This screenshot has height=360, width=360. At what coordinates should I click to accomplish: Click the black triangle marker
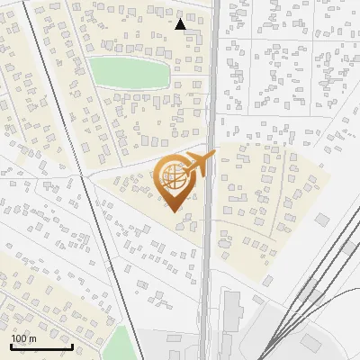(x=181, y=24)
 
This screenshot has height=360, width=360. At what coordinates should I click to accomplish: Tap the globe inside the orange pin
(x=173, y=178)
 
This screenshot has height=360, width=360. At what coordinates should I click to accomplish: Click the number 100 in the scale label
(x=20, y=338)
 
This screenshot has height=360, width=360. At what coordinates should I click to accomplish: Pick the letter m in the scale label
(x=33, y=338)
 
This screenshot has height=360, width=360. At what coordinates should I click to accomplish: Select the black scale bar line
(x=41, y=346)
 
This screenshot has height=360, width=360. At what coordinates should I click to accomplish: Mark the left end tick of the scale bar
(x=11, y=345)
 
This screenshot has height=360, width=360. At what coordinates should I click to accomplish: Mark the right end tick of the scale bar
(x=72, y=345)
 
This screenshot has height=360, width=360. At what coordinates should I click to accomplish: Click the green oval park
(x=129, y=72)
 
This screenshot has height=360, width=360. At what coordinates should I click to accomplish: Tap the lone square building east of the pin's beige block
(x=321, y=219)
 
